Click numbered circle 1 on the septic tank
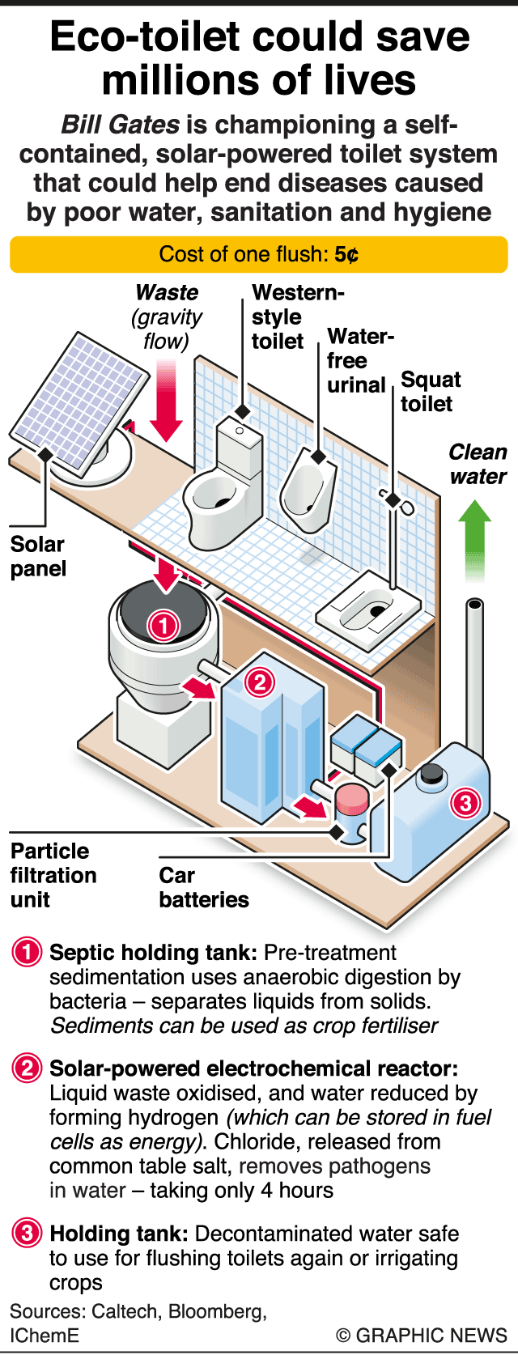pos(163,625)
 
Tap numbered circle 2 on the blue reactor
pos(260,682)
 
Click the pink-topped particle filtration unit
pos(352,802)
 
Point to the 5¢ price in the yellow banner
pos(346,255)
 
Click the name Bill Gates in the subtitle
pos(121,125)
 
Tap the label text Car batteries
pos(203,887)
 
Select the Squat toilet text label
pos(430,392)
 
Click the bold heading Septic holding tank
pos(154,953)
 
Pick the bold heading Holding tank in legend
pos(119,1234)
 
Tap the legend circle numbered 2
pos(27,1069)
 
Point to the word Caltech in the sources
pos(125,1311)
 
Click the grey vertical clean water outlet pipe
pos(475,672)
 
